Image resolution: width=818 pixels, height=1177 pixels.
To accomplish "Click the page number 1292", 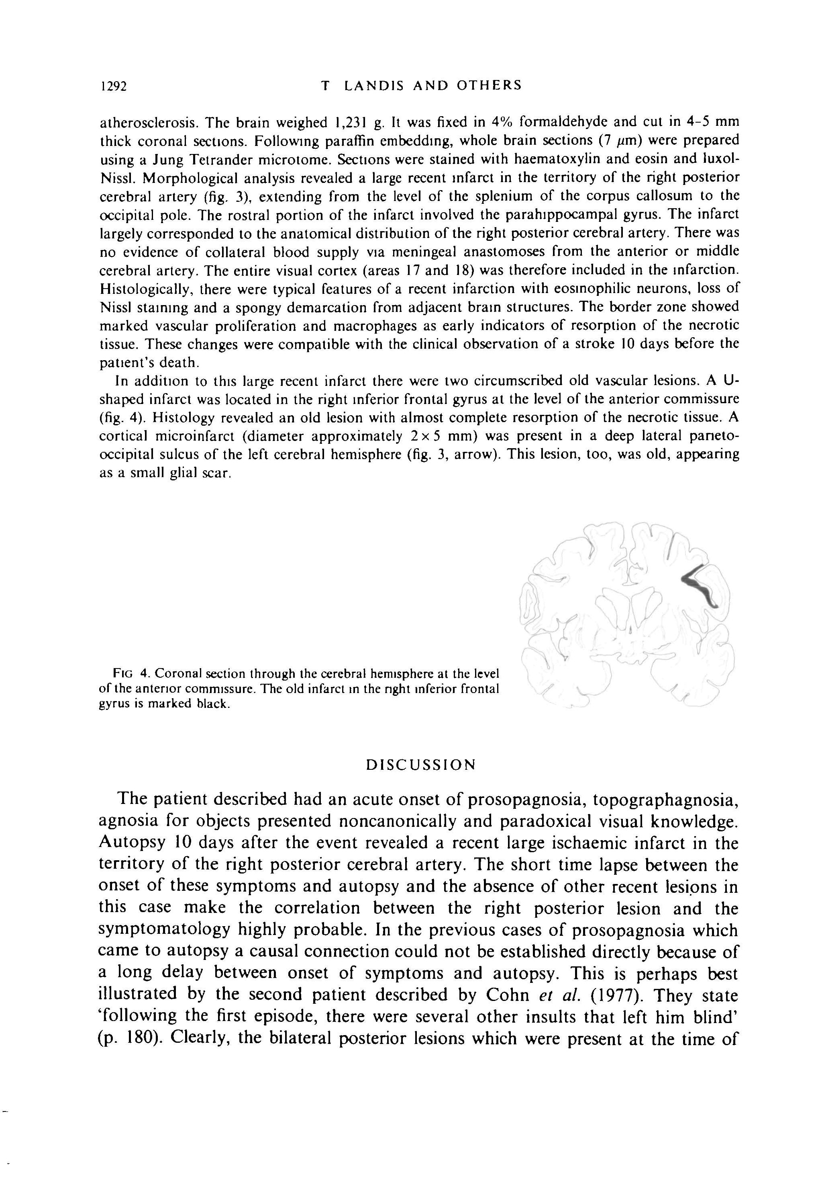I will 113,86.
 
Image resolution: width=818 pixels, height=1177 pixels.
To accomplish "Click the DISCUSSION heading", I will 421,765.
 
